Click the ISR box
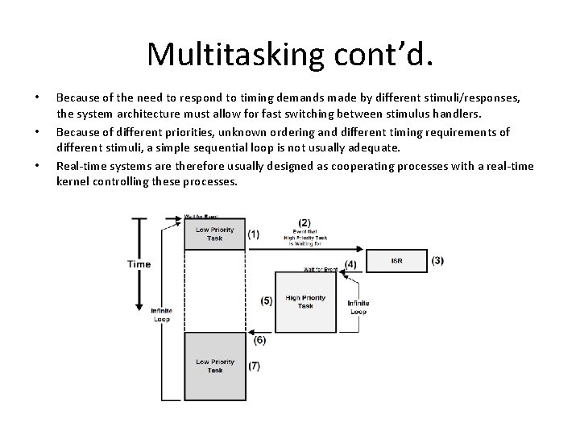(x=396, y=261)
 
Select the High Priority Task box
(x=305, y=302)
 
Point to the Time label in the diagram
(x=139, y=264)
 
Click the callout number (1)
(x=254, y=234)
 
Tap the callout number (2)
(x=304, y=222)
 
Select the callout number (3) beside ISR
(x=437, y=260)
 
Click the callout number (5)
(x=267, y=300)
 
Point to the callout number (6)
(x=259, y=341)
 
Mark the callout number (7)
(x=255, y=366)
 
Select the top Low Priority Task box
(x=214, y=234)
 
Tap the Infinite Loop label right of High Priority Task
(x=358, y=307)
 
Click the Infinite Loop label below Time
(x=161, y=314)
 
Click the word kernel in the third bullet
(x=73, y=182)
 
